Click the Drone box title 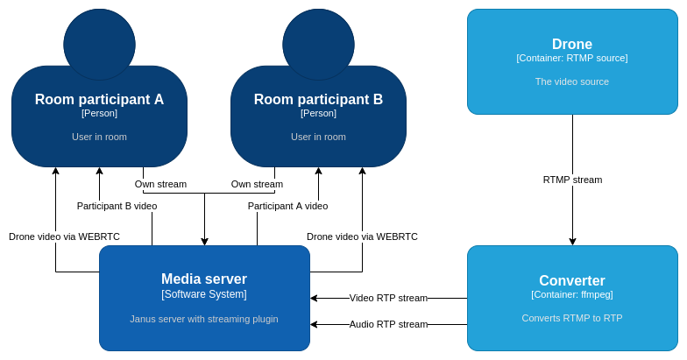[x=571, y=44]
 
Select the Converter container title [x=571, y=280]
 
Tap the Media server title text [x=204, y=279]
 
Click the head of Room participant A [x=100, y=44]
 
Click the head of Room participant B [x=319, y=44]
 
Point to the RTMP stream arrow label [x=572, y=180]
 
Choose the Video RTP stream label [x=388, y=298]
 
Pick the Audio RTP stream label [x=388, y=324]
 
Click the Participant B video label [x=117, y=206]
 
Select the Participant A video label [x=287, y=206]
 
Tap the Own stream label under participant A [x=160, y=184]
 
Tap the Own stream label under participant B [x=257, y=184]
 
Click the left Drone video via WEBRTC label [x=64, y=236]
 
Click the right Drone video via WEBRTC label [x=362, y=236]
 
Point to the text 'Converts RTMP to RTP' [x=571, y=318]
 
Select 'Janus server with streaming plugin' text [x=204, y=319]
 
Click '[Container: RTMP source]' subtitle [x=571, y=58]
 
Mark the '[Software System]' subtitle [x=204, y=294]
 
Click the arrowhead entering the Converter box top [x=572, y=242]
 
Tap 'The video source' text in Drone [x=571, y=81]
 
